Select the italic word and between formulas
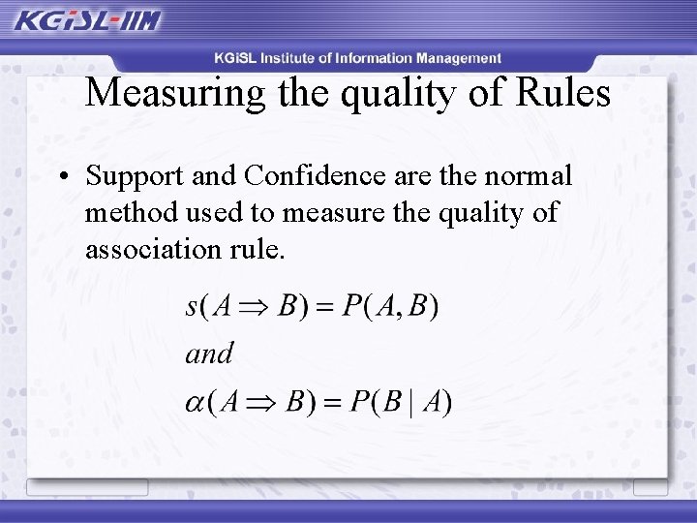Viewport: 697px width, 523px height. coord(209,354)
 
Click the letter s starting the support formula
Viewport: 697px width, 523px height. coord(192,308)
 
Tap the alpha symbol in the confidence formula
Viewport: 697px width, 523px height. coord(196,402)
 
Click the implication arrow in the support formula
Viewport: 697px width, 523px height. coord(255,308)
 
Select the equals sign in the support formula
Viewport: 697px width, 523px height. coord(325,308)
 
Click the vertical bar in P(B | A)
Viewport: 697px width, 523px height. coord(410,402)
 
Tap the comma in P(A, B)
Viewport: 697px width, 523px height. coord(401,312)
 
